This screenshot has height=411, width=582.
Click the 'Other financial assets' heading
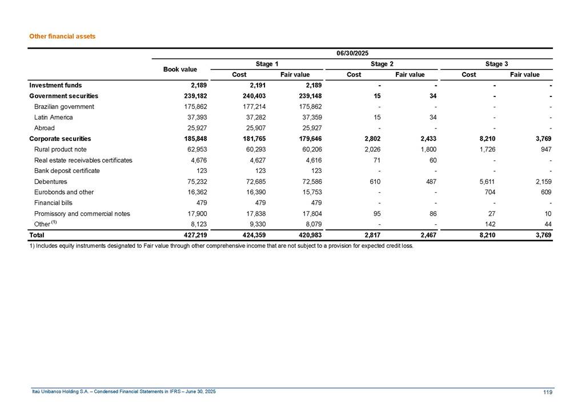coord(62,36)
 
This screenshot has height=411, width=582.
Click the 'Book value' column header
coord(180,69)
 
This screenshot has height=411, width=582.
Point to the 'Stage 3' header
coord(496,64)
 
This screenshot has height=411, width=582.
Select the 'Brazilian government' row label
coord(64,107)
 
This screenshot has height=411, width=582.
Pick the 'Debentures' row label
coord(50,182)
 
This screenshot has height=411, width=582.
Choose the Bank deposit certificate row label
coord(67,171)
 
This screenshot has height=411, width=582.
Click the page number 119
coord(548,392)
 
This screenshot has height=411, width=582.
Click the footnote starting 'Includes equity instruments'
coord(220,247)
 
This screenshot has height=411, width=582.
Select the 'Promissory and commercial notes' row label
coord(82,213)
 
